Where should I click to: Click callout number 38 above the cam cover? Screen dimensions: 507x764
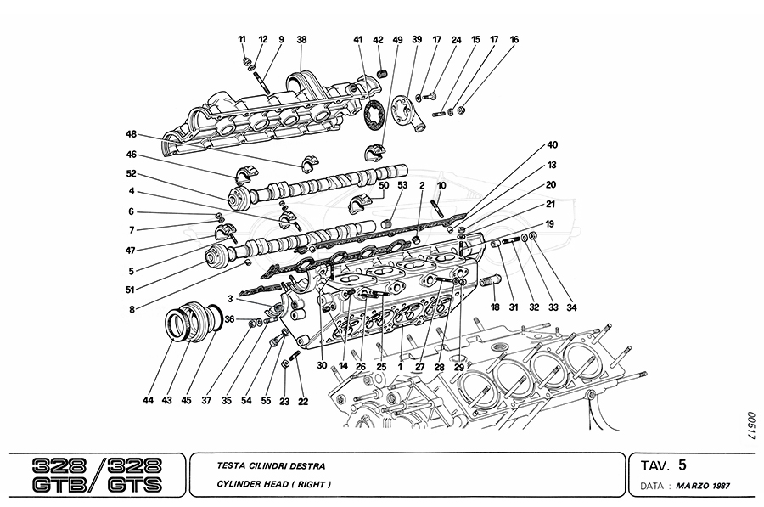click(301, 39)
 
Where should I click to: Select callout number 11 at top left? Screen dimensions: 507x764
click(242, 39)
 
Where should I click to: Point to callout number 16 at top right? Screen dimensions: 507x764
click(514, 39)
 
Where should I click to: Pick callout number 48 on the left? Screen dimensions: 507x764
click(132, 134)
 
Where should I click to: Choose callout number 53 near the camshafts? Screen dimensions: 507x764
click(402, 186)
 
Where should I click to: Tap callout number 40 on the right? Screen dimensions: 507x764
click(552, 144)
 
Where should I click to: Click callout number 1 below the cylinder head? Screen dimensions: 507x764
click(399, 368)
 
